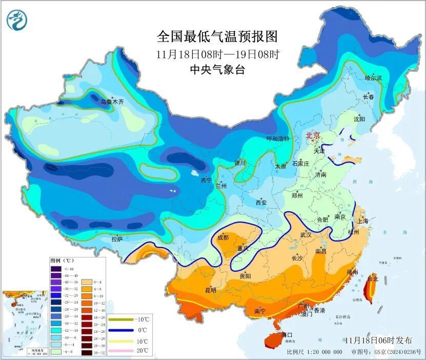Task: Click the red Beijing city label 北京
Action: tap(313, 136)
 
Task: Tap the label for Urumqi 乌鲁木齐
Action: tap(112, 102)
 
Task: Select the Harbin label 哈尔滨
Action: tap(373, 78)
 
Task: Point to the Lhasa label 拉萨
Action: tap(117, 239)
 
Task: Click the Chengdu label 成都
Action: tap(223, 237)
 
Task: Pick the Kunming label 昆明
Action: tap(211, 290)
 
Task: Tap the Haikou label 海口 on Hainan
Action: tap(288, 335)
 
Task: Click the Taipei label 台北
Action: tap(372, 279)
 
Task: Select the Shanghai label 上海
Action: tap(363, 221)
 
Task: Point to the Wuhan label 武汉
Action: tap(307, 235)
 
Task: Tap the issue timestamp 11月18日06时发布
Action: tap(378, 340)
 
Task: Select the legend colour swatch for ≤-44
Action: tap(55, 268)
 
